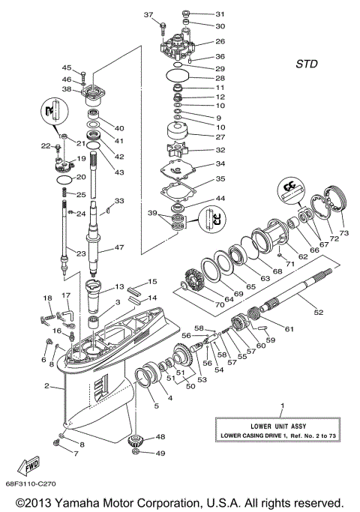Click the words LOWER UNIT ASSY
coord(281,425)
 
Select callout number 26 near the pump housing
coord(220,42)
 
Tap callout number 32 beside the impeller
coord(220,149)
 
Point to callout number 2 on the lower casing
coord(46,387)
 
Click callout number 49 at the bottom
coord(160,453)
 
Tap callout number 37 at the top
coord(147,14)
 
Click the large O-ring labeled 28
coord(178,77)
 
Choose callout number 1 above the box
coord(282,406)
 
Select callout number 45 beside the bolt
coord(66,68)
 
